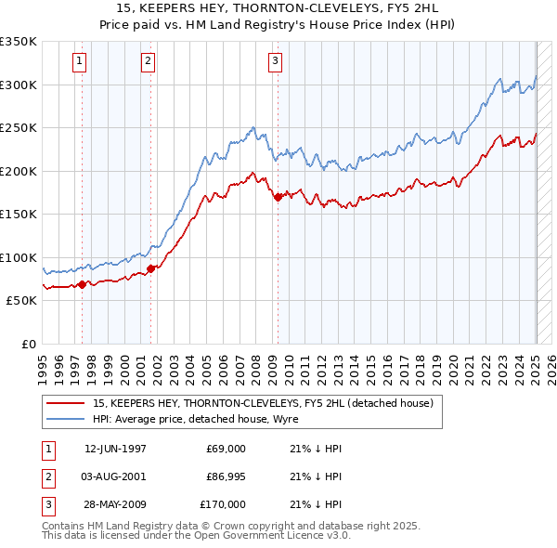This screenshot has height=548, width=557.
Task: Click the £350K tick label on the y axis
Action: [x=19, y=42]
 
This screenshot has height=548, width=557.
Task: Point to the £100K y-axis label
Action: [x=19, y=257]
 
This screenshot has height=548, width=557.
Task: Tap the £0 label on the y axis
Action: [x=30, y=344]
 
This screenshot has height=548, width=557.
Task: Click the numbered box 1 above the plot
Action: [x=80, y=62]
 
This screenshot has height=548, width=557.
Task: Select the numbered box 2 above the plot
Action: [x=148, y=62]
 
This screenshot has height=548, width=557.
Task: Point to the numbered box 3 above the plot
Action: [x=276, y=62]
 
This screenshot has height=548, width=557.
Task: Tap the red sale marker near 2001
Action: [x=151, y=268]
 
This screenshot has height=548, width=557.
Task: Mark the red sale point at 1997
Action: [x=83, y=284]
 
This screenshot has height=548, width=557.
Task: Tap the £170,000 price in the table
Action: [x=222, y=504]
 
